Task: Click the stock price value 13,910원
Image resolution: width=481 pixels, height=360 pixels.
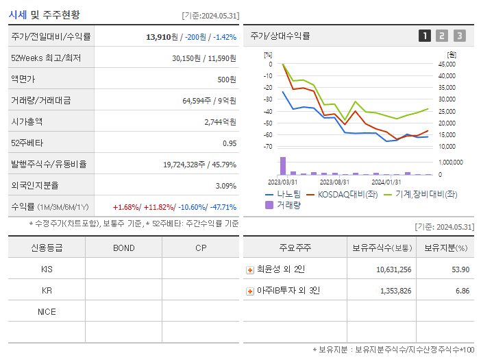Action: tap(162, 36)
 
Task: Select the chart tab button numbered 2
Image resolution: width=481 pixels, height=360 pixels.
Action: tap(442, 36)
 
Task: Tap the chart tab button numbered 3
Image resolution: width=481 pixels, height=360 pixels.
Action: tap(459, 36)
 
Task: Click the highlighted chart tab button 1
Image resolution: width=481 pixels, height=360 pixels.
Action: tap(425, 36)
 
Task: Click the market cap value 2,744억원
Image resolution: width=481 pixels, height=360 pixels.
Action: tap(220, 122)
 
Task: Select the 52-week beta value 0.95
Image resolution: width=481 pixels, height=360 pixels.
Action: tap(229, 143)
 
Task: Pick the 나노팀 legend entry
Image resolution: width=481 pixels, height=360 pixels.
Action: tap(284, 194)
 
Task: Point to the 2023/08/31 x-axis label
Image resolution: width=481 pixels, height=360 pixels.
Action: tap(334, 182)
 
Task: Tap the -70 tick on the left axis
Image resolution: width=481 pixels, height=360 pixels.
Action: tap(268, 147)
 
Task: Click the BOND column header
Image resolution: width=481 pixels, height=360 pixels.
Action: tap(123, 248)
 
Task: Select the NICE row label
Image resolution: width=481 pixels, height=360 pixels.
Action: tap(47, 312)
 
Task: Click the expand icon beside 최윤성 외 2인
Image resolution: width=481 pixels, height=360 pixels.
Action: tap(250, 269)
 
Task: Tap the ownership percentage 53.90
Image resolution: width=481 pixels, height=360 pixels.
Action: tap(460, 269)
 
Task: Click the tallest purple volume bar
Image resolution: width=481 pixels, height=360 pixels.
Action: tap(282, 166)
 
